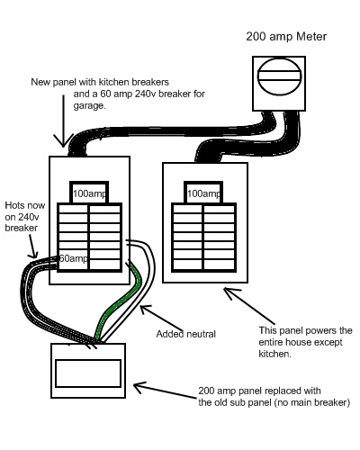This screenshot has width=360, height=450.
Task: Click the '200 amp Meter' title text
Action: pos(286,37)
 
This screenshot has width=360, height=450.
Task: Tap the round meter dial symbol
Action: pos(279,76)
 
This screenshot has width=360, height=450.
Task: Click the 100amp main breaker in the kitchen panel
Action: pos(89,193)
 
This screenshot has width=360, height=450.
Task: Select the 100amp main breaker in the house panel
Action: pos(203,193)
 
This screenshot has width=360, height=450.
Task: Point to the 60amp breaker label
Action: pos(74,258)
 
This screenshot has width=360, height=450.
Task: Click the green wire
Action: pos(120,303)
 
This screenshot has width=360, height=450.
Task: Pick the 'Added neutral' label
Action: pos(185,334)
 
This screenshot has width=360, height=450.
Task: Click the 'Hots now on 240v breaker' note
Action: pos(25,217)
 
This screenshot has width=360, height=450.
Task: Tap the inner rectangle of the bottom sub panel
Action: pos(88,373)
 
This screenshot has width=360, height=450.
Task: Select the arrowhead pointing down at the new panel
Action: pos(63,141)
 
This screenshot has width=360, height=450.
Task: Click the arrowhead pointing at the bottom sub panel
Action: pos(139,387)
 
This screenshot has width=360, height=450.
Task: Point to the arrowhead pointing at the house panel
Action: pos(231,293)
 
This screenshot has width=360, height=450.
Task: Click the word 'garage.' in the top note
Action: pos(90,106)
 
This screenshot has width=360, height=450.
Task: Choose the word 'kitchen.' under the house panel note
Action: pos(274,354)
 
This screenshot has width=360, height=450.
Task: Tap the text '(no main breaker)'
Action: pos(312,402)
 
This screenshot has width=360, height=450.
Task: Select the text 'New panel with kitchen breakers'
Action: pos(100,82)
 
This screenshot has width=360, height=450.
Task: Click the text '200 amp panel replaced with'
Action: pos(259,391)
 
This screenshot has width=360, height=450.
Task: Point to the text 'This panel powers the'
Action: pos(305,330)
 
